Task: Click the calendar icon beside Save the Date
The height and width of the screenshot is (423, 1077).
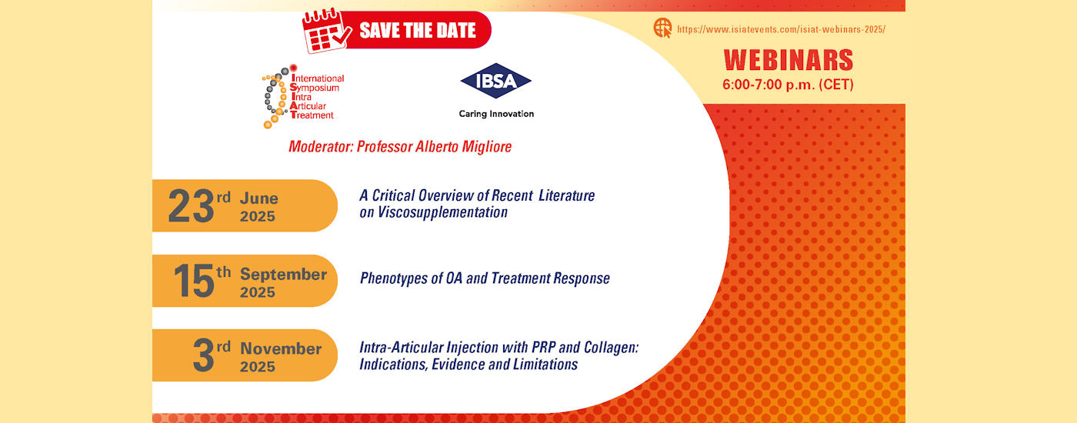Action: (x=326, y=32)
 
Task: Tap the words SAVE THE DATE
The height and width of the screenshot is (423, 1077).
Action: (x=417, y=31)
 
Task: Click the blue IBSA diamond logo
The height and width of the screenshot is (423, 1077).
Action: (x=495, y=81)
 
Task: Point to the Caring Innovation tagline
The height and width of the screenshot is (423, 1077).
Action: (x=496, y=114)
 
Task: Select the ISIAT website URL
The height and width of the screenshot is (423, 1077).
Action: (x=782, y=29)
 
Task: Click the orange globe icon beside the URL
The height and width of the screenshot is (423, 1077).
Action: (x=662, y=28)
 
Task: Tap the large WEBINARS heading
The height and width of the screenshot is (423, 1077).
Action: (x=789, y=60)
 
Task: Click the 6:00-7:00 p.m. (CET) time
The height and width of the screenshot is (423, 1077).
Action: (x=788, y=85)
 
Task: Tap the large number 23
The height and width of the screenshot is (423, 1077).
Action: (x=191, y=206)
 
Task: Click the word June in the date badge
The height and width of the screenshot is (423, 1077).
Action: (x=258, y=198)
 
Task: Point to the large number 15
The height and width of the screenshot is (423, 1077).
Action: (x=194, y=281)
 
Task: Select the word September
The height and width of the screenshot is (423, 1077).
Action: (x=283, y=275)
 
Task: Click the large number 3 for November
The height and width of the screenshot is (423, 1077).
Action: (x=203, y=355)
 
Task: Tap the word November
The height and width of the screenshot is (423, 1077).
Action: (x=281, y=349)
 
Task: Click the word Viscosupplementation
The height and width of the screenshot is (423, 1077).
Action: (x=442, y=212)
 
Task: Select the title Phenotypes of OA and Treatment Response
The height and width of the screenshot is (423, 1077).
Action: (x=485, y=278)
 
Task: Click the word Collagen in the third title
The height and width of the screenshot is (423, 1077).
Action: (x=611, y=348)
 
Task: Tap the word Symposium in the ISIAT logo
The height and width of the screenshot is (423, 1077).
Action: (x=315, y=88)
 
